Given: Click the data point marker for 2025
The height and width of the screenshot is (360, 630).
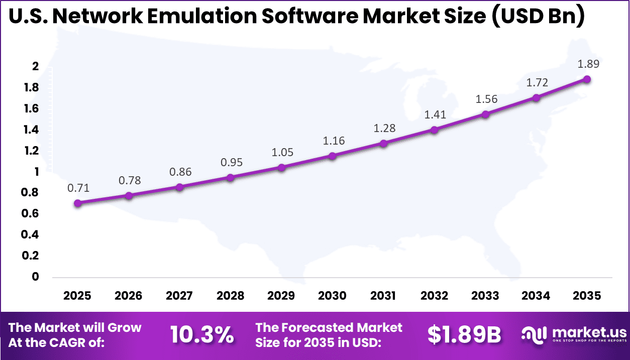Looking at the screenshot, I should click(77, 203).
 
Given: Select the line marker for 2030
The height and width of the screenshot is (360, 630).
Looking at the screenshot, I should click(332, 156).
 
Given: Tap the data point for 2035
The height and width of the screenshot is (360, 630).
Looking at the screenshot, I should click(587, 79).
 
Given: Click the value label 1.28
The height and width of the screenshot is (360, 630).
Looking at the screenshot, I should click(385, 128).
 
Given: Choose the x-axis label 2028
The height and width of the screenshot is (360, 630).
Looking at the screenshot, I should click(230, 296).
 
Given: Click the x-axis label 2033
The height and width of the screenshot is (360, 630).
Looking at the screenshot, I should click(485, 296).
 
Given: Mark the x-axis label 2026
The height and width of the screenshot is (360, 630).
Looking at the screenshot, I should click(128, 296).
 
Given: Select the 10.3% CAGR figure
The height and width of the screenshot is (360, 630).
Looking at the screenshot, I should click(202, 335).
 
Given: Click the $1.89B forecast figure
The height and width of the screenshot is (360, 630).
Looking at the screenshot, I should click(464, 335).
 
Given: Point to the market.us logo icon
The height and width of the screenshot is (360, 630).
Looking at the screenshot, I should click(534, 335).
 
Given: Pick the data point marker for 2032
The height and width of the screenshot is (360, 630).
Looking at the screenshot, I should click(434, 130).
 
